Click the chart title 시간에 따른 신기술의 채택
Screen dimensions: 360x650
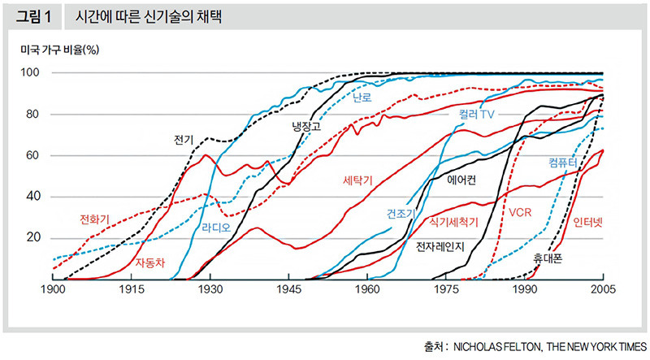click(138, 15)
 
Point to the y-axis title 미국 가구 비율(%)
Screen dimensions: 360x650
click(60, 50)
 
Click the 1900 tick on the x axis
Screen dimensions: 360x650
click(53, 289)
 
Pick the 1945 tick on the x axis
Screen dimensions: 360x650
click(288, 289)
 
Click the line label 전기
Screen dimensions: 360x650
click(184, 139)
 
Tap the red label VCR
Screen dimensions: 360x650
click(521, 213)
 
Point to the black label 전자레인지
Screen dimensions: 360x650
click(439, 246)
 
